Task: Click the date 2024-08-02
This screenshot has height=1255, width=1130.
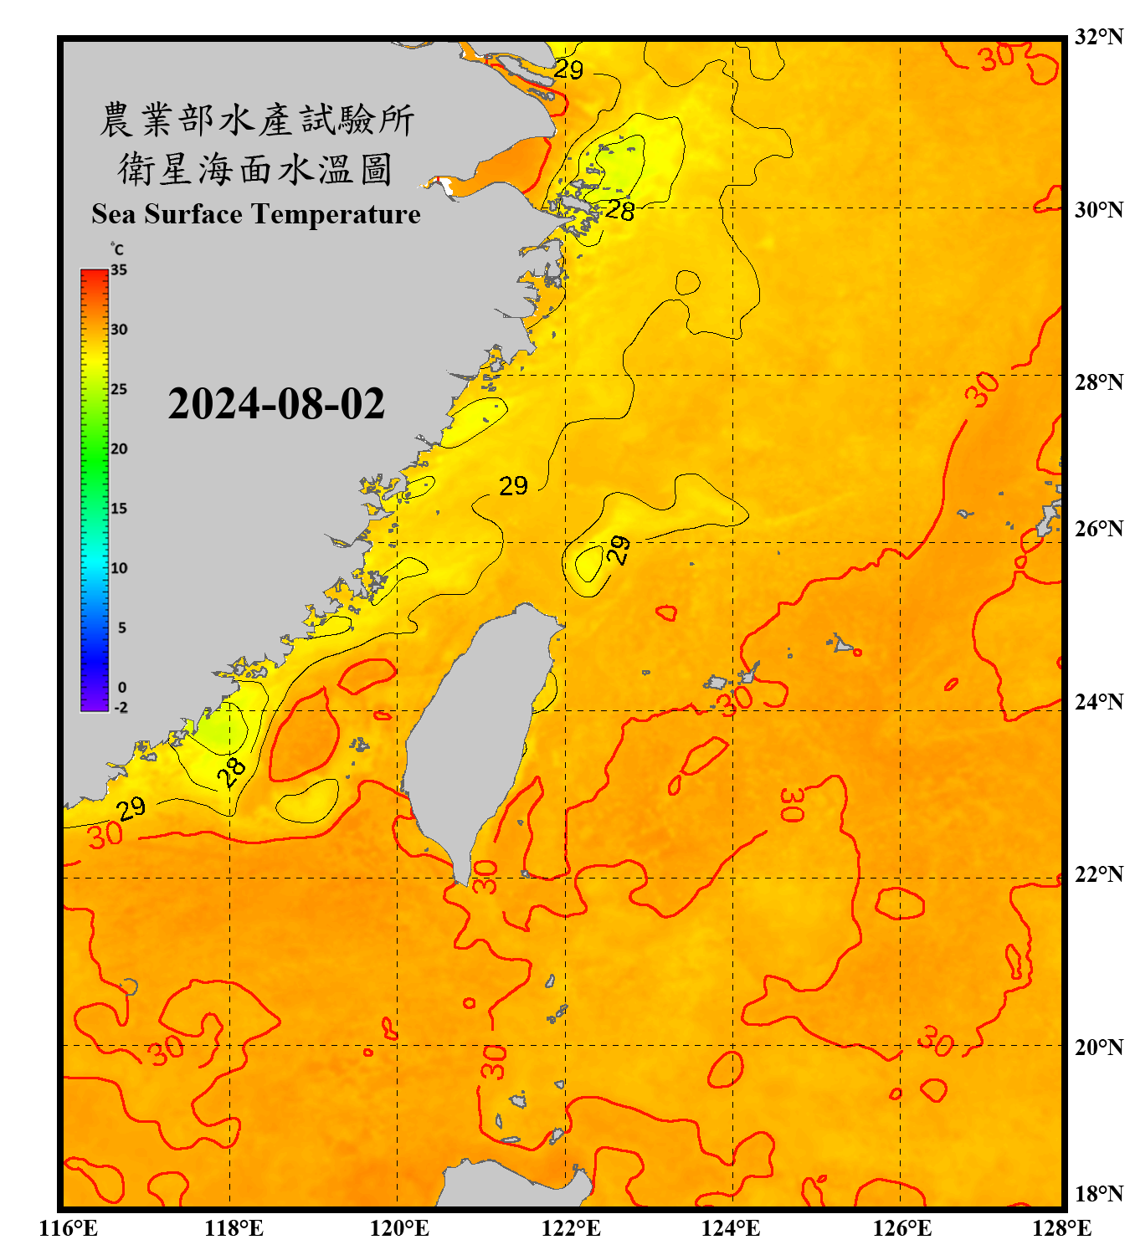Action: (276, 404)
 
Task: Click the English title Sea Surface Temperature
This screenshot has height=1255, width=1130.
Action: (255, 214)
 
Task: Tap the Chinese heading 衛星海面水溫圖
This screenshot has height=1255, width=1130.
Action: (255, 169)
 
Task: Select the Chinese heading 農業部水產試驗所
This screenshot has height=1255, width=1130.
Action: (256, 120)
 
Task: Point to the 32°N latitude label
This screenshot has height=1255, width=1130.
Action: (1098, 37)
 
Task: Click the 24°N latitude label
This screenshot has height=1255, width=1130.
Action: (1098, 701)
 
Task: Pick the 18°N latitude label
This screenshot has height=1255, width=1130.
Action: (1098, 1194)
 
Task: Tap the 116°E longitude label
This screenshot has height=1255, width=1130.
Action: (69, 1228)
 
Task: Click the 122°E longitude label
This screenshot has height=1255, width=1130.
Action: (571, 1228)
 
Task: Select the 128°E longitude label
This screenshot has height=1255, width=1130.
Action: (1061, 1228)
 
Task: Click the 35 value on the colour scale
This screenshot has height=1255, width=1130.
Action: (119, 270)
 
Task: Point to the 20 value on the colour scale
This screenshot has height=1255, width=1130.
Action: (119, 449)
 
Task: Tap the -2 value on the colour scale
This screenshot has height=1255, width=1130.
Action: (121, 708)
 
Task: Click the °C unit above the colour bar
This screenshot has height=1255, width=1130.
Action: (116, 249)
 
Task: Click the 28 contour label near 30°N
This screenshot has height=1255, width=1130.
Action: (619, 210)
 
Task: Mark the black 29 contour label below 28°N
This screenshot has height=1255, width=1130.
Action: (513, 486)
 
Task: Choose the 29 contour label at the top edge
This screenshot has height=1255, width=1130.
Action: (568, 69)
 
